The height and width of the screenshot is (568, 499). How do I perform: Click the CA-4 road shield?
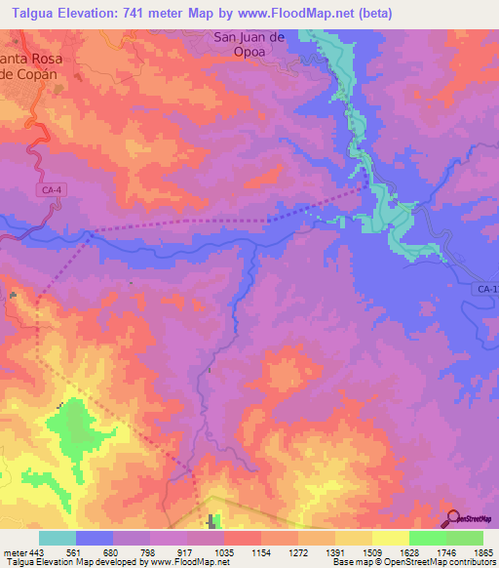pos(53,191)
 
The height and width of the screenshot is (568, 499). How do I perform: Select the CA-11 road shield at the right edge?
pos(488,290)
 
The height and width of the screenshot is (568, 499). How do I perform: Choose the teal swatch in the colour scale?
pos(58,538)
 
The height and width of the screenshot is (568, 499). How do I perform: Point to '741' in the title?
pos(153,12)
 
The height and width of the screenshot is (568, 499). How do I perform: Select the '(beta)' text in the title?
pos(367,12)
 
